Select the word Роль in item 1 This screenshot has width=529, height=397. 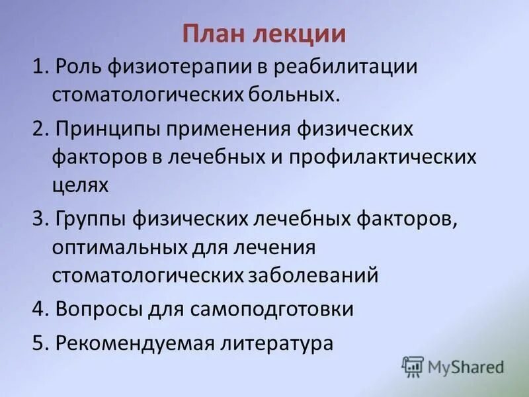pyautogui.click(x=78, y=66)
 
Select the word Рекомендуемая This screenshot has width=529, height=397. pyautogui.click(x=122, y=343)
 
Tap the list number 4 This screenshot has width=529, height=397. pyautogui.click(x=37, y=309)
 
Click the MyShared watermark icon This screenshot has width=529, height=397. pyautogui.click(x=412, y=365)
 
